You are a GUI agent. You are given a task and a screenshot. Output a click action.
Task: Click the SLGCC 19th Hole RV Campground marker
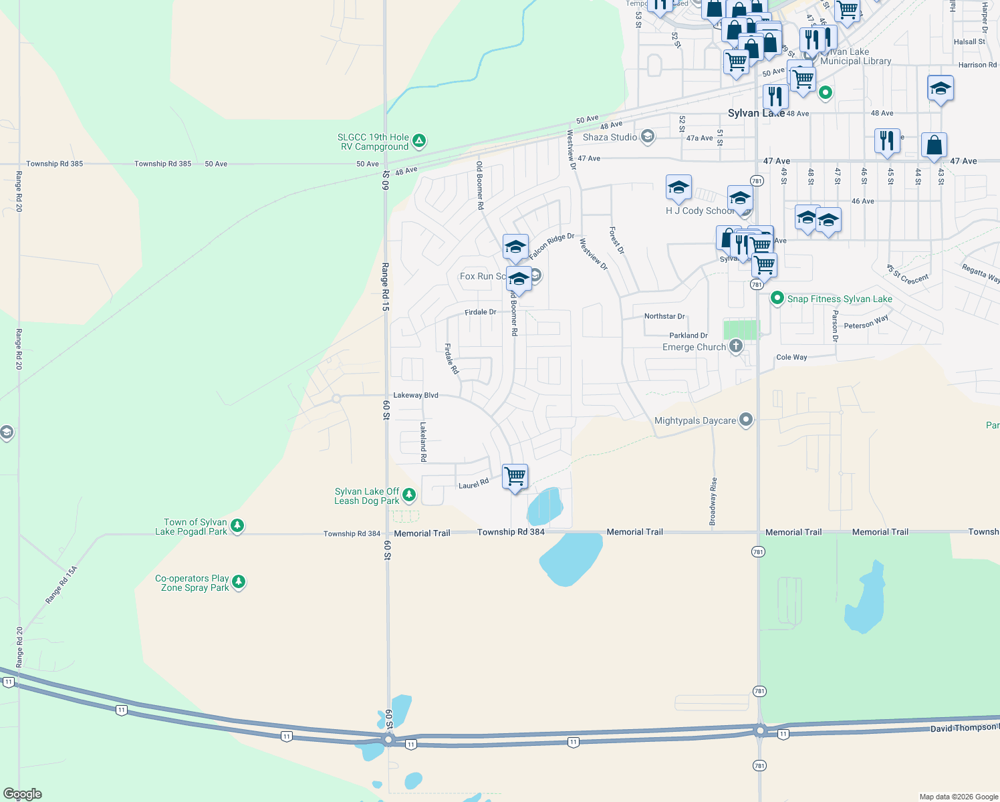[x=419, y=141]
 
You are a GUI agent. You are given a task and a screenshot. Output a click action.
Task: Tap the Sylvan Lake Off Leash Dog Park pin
[x=409, y=495]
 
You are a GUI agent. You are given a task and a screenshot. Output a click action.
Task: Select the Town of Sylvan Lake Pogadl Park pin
[x=237, y=527]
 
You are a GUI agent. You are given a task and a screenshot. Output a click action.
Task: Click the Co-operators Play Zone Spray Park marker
[x=239, y=582]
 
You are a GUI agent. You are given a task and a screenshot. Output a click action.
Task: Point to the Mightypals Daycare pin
[x=746, y=420]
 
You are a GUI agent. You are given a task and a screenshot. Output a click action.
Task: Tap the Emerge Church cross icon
[x=735, y=346]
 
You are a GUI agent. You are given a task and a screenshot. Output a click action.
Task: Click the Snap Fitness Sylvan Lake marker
[x=777, y=298]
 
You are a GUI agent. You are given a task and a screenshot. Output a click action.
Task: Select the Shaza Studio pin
[x=646, y=137]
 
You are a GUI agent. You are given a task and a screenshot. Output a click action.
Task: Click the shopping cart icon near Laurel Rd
[x=515, y=477]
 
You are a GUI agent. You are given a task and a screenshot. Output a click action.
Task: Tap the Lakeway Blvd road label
[x=416, y=395]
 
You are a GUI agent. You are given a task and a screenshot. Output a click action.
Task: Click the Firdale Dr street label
[x=481, y=312]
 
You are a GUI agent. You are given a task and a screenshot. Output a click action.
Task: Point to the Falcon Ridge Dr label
[x=551, y=247]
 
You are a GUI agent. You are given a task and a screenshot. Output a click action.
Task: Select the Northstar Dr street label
[x=664, y=316]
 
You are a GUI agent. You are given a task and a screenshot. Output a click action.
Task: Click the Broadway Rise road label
[x=713, y=501]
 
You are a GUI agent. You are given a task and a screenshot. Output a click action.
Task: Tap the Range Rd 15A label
[x=61, y=585]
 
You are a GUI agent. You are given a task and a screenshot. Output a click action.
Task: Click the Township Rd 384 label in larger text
[x=511, y=532]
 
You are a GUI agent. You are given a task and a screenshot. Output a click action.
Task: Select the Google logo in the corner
[x=22, y=794]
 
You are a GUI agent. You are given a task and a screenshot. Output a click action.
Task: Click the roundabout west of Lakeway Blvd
[x=336, y=398]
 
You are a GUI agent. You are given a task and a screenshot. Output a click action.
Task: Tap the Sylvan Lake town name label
[x=755, y=113]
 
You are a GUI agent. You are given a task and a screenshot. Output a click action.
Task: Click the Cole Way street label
[x=791, y=357]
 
